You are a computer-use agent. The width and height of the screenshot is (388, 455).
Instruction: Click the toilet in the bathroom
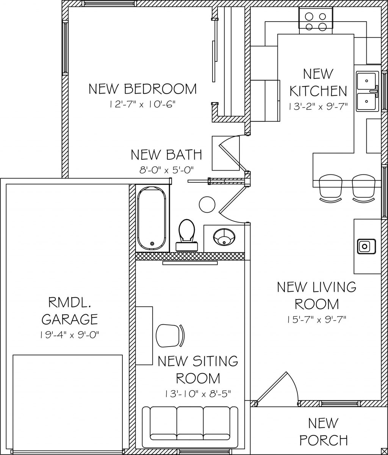(187, 235)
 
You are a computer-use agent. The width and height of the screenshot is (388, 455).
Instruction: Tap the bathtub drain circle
(152, 243)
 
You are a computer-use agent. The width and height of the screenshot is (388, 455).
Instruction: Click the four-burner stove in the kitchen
(316, 20)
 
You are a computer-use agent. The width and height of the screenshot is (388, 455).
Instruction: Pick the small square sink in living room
(366, 246)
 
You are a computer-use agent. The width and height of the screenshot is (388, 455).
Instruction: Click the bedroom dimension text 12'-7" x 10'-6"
(143, 104)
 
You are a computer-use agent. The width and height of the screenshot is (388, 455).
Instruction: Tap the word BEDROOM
(160, 89)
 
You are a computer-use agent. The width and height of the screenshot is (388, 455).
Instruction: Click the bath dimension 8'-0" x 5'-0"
(166, 170)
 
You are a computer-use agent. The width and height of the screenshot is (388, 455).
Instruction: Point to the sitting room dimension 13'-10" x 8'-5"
(198, 393)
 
